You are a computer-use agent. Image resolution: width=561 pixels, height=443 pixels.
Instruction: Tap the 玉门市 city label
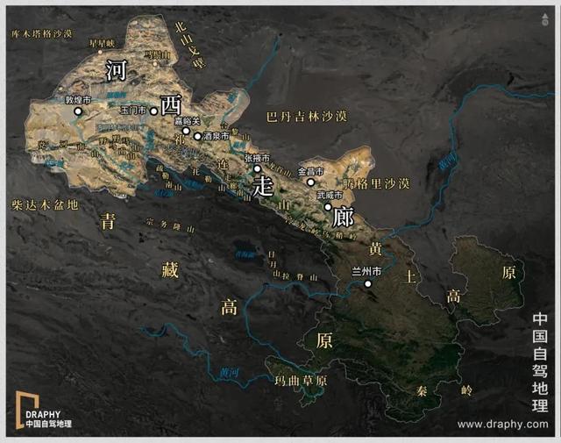tap(134, 111)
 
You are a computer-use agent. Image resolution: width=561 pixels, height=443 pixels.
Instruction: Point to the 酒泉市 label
tap(216, 137)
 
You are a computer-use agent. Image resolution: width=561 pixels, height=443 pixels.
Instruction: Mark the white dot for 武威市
tap(328, 207)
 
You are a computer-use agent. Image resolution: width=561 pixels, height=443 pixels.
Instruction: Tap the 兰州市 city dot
tap(368, 283)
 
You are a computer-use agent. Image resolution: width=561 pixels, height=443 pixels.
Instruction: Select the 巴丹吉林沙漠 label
tap(306, 116)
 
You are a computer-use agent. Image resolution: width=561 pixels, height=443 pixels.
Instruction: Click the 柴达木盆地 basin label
tap(45, 204)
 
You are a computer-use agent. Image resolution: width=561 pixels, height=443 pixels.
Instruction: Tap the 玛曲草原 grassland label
tap(301, 381)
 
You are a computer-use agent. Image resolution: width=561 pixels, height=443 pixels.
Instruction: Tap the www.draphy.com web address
tap(502, 425)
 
